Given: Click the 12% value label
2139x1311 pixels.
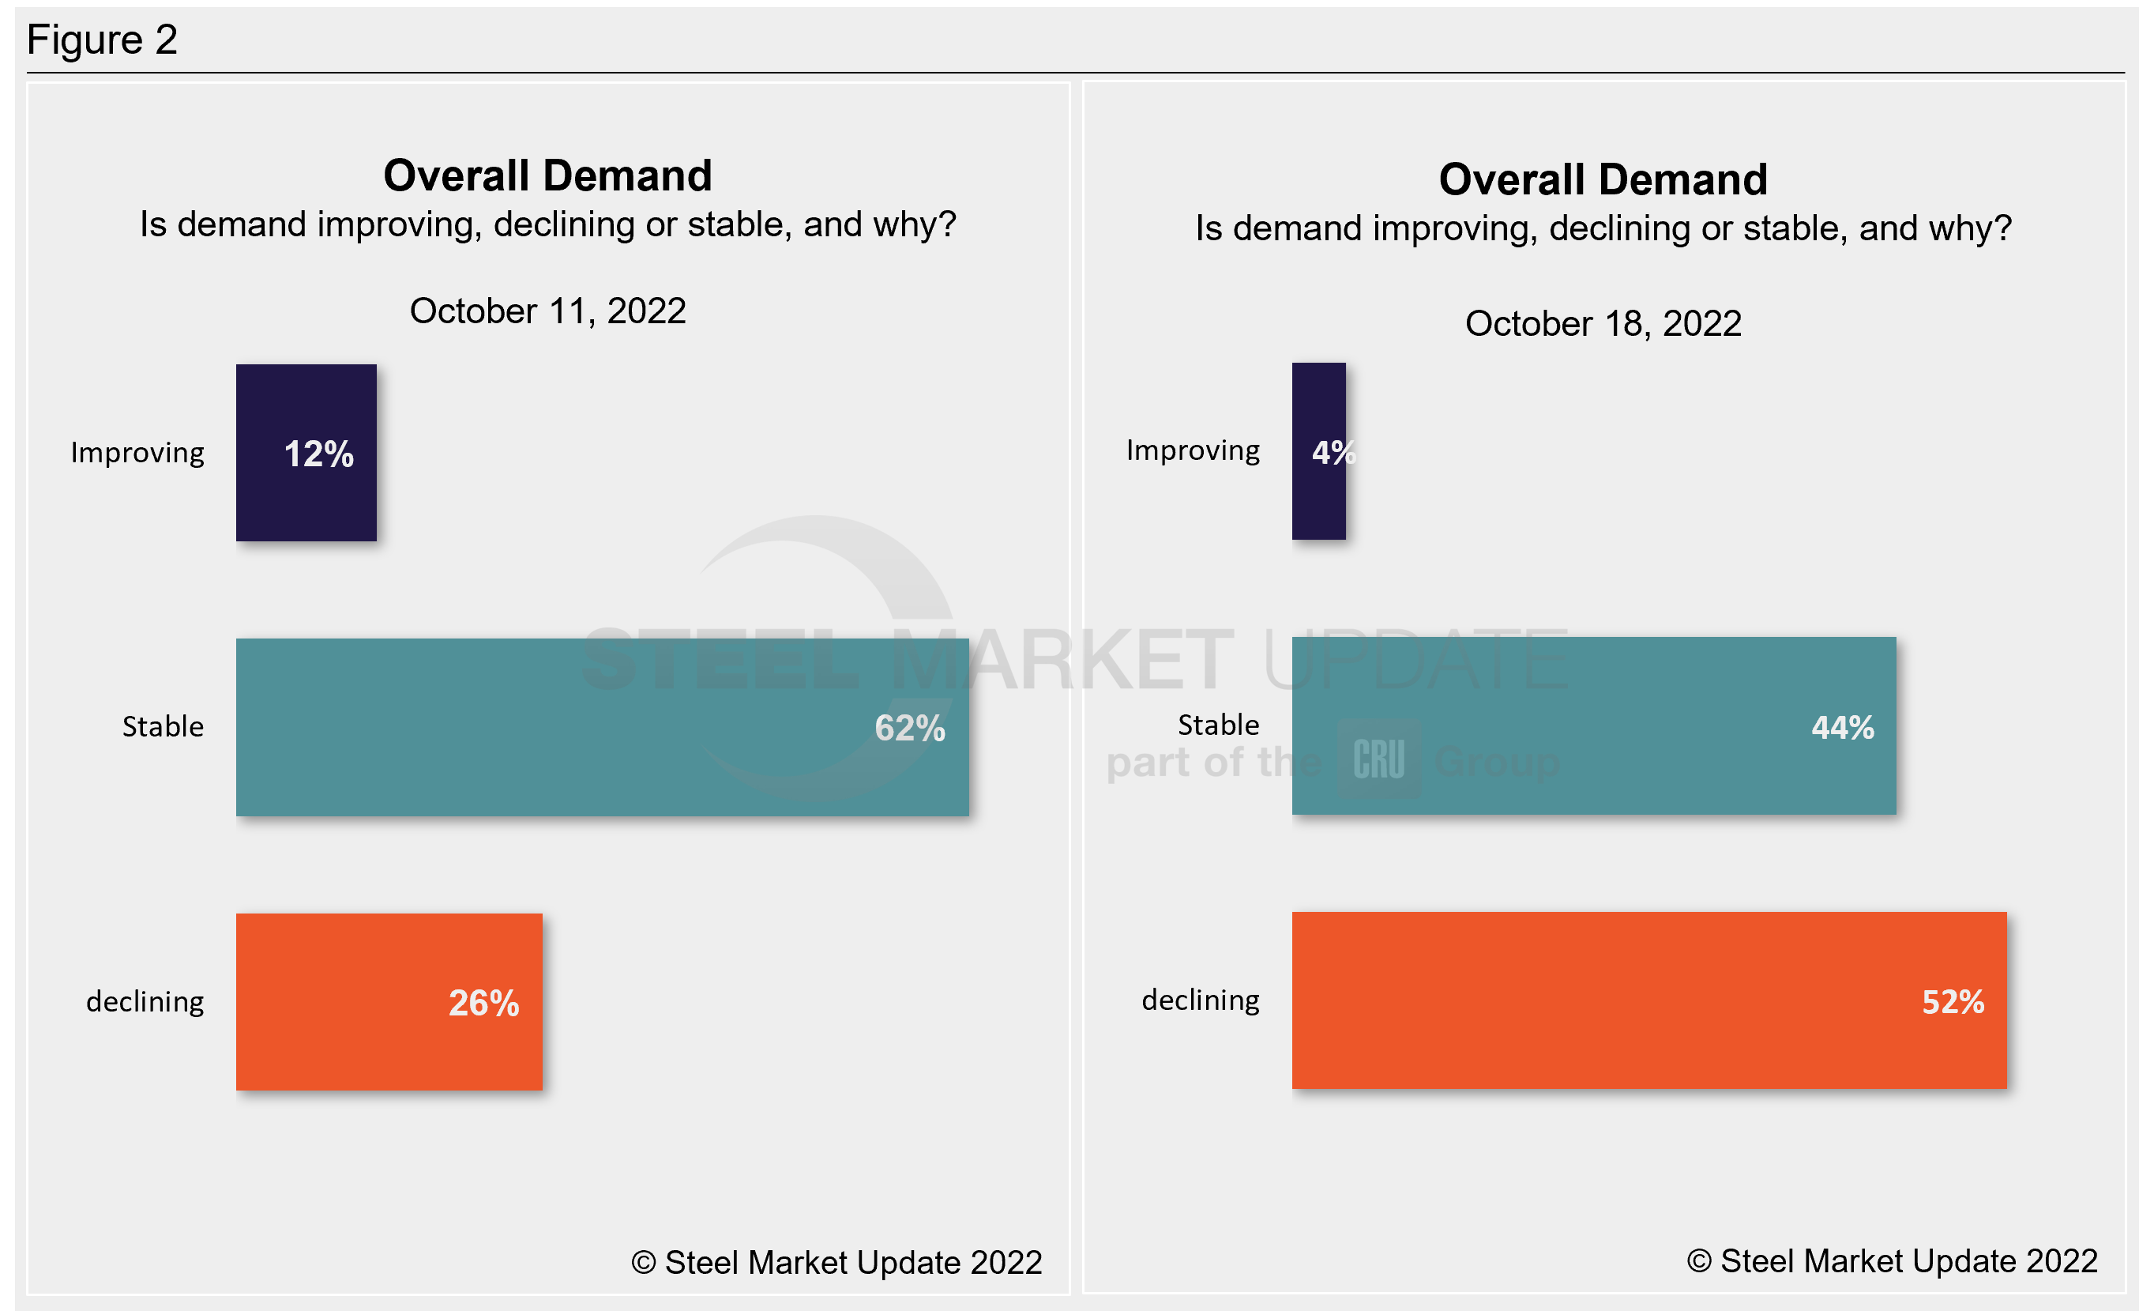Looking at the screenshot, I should (x=318, y=454).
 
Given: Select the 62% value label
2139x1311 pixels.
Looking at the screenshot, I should (x=909, y=729).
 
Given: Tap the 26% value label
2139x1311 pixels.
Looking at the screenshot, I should (x=483, y=1003).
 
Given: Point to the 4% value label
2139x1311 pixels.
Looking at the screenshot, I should (x=1332, y=452).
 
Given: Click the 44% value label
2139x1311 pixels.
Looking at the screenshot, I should (x=1842, y=728).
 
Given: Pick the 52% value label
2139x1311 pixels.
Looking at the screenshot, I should (x=1953, y=1002).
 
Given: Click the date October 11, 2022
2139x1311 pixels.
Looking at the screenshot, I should (x=547, y=311).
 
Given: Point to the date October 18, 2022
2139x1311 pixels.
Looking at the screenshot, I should (x=1603, y=324).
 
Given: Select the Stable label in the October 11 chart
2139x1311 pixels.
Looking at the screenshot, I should (x=164, y=727).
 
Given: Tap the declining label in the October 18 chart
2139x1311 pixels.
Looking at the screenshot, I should (x=1201, y=1000).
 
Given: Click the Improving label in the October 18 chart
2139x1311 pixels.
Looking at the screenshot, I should (x=1193, y=450).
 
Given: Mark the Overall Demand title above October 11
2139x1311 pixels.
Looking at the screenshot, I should (x=547, y=176).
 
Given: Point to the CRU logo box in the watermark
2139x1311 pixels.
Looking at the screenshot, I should (x=1378, y=759).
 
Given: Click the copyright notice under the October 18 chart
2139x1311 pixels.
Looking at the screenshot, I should (x=1892, y=1260).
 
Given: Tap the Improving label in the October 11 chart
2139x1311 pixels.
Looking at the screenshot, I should (x=137, y=454).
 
